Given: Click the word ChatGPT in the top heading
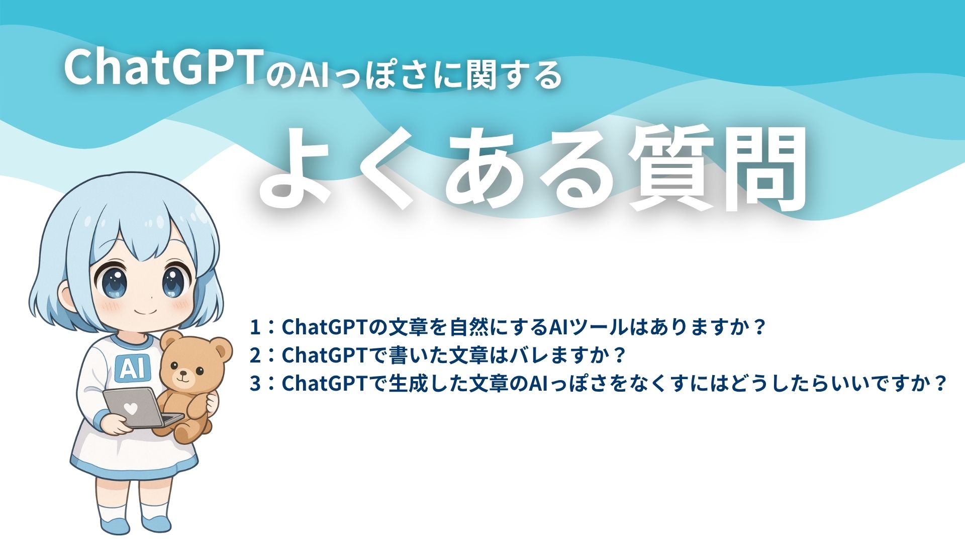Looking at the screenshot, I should click(161, 68).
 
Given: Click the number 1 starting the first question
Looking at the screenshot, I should click(255, 327).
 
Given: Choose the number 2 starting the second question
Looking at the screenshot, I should click(255, 355).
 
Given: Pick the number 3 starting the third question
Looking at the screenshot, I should click(255, 384).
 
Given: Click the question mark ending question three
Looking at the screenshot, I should click(939, 384).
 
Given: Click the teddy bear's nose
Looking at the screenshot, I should click(182, 374).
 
